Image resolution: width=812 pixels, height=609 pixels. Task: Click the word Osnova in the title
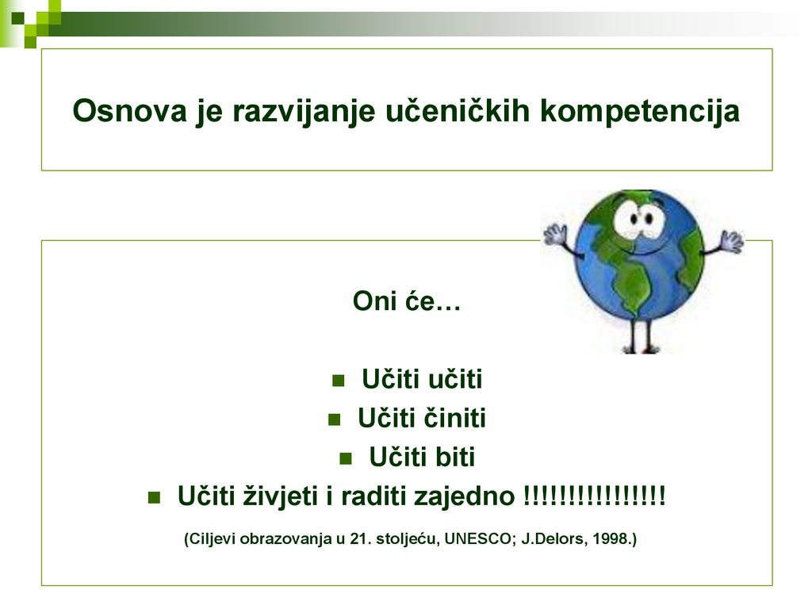point(129,110)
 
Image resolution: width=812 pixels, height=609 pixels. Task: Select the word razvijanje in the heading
point(304,112)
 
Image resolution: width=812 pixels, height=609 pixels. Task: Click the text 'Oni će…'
point(407,301)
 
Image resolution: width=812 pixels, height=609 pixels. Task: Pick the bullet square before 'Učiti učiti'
point(338,381)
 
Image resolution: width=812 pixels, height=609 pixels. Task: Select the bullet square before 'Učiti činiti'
point(335,419)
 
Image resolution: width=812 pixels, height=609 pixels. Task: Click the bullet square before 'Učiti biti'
point(346,458)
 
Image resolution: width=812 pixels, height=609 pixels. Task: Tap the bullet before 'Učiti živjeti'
point(154,498)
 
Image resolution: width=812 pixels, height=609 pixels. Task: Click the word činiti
point(455,418)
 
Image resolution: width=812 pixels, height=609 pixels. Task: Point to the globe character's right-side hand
point(731,241)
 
